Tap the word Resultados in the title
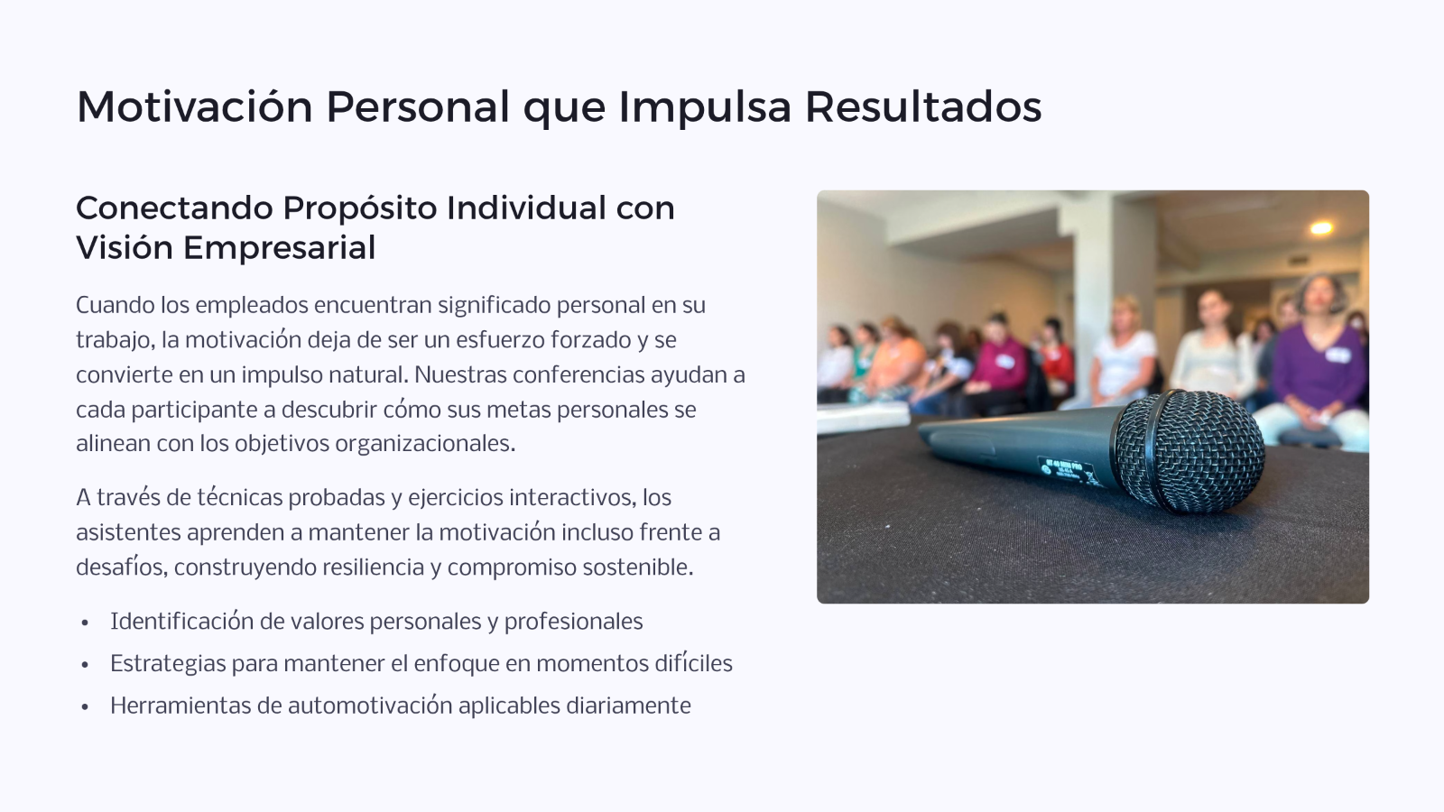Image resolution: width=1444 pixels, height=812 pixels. [x=923, y=106]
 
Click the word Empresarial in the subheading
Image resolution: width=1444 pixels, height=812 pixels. [x=279, y=247]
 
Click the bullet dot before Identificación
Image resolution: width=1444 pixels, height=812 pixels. [x=85, y=623]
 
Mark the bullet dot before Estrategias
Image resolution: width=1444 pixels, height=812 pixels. [x=85, y=665]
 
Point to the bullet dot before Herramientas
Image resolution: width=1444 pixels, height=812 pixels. [x=85, y=707]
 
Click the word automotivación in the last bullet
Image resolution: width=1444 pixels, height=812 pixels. [x=370, y=706]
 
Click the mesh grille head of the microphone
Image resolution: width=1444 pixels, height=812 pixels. [x=1190, y=452]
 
